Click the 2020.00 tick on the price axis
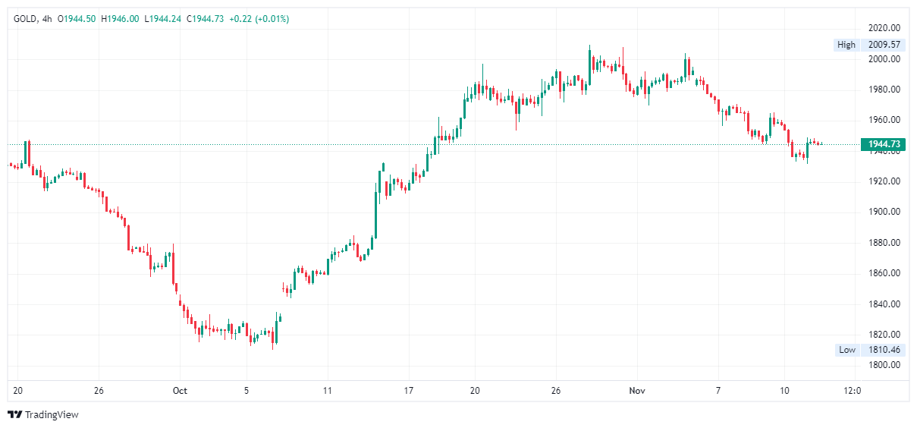coord(884,29)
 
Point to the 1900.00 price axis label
coord(884,212)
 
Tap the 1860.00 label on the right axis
coord(884,273)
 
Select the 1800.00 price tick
coord(884,365)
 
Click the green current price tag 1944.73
coord(884,144)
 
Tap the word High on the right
coord(846,45)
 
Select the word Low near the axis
coord(846,350)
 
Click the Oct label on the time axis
coord(180,391)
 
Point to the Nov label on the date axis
coord(637,391)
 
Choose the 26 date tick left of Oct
coord(99,391)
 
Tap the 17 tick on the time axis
coord(409,391)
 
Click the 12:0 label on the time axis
coord(852,391)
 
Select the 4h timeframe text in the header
coord(47,18)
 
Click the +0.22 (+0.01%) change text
coord(259,18)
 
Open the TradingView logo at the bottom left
coord(43,414)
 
